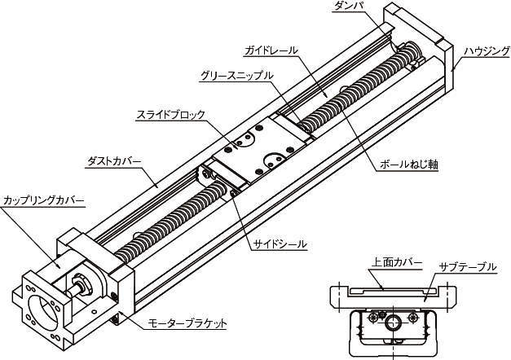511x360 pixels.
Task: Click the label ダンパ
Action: (x=349, y=6)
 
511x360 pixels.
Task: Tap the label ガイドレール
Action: (x=271, y=50)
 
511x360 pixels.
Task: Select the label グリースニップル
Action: (x=236, y=76)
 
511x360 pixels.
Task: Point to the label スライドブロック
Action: (x=170, y=115)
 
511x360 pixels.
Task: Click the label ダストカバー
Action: (x=114, y=161)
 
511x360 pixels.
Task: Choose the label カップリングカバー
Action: (x=43, y=200)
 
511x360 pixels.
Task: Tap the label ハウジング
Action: (x=487, y=51)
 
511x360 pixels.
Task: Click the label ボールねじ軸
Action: (x=408, y=165)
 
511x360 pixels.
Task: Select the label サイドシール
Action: (x=280, y=244)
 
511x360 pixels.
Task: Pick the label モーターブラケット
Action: (x=187, y=323)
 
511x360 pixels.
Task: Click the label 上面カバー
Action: (x=397, y=262)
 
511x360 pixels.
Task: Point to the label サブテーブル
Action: (x=468, y=267)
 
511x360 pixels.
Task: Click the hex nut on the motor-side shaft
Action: (x=81, y=284)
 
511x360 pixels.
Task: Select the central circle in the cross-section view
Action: (x=394, y=323)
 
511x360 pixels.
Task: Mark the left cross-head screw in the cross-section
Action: (x=372, y=317)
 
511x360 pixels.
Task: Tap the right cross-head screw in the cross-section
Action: (x=413, y=317)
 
